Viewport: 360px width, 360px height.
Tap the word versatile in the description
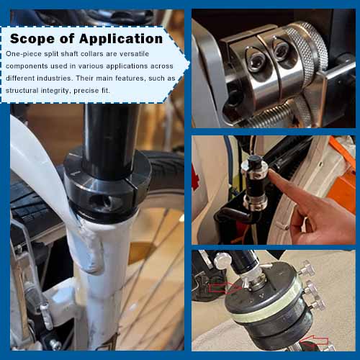pyautogui.click(x=153, y=54)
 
